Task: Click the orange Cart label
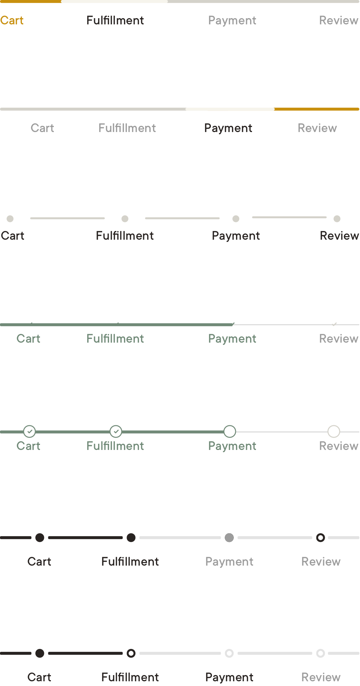click(x=12, y=20)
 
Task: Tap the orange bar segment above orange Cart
click(x=31, y=1)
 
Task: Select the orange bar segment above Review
click(x=317, y=109)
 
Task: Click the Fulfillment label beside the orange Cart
click(x=115, y=20)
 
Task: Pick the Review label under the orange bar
click(x=317, y=128)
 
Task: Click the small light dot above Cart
click(x=10, y=219)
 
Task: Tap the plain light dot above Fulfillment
click(x=125, y=219)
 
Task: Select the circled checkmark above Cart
click(x=29, y=431)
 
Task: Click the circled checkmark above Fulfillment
click(x=116, y=431)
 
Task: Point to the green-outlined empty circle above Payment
click(x=230, y=431)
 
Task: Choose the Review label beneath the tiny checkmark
click(x=339, y=339)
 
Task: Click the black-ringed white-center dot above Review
click(x=320, y=538)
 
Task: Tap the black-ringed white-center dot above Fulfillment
click(x=131, y=653)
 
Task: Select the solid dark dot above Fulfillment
click(x=131, y=538)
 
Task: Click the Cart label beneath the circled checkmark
click(x=28, y=446)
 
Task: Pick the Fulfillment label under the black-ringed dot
click(x=130, y=677)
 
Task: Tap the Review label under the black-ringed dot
click(x=321, y=562)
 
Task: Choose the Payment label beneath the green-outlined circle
click(x=232, y=446)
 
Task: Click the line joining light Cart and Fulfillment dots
click(x=68, y=218)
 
